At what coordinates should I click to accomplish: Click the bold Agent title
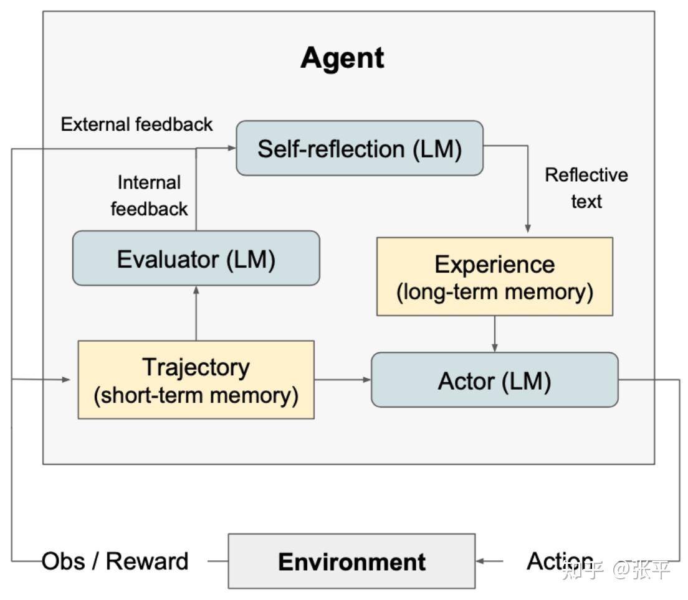tap(342, 58)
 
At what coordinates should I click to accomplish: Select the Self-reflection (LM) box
tap(360, 149)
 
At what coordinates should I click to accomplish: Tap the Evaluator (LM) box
tap(196, 259)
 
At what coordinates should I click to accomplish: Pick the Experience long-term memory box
tap(494, 277)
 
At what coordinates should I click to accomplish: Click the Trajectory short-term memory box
tap(196, 380)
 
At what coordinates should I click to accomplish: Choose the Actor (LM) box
tap(494, 380)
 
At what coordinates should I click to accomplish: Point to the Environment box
tap(351, 561)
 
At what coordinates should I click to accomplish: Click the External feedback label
tap(136, 124)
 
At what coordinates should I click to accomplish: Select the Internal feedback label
tap(150, 195)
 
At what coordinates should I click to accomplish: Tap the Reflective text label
tap(586, 188)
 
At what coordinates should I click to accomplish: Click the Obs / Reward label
tap(115, 561)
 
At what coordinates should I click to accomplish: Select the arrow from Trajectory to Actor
tap(342, 380)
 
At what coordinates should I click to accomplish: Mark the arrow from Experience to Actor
tap(495, 334)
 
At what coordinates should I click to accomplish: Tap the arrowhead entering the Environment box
tap(481, 561)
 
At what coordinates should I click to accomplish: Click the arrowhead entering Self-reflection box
tap(232, 148)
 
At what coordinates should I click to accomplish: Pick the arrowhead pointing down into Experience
tap(528, 229)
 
